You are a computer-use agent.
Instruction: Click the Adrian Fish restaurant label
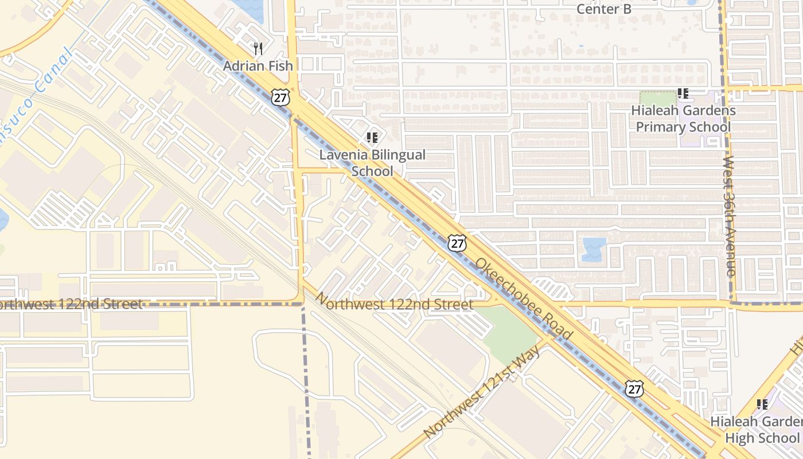[x=258, y=66]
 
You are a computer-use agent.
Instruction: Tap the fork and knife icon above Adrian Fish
[x=258, y=49]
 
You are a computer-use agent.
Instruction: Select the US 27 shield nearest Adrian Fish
[x=280, y=98]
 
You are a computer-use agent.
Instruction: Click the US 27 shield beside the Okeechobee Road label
[x=457, y=243]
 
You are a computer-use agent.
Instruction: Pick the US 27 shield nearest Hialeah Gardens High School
[x=634, y=388]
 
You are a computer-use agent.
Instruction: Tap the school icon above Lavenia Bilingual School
[x=372, y=138]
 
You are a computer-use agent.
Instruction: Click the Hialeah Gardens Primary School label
[x=683, y=119]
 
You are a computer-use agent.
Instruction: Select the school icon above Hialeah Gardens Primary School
[x=683, y=93]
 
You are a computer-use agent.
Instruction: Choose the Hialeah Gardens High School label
[x=756, y=430]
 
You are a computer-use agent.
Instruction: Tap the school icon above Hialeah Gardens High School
[x=762, y=404]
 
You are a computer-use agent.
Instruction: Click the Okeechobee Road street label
[x=523, y=299]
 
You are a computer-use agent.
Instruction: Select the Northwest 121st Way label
[x=482, y=392]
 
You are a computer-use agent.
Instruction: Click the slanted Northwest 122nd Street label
[x=395, y=302]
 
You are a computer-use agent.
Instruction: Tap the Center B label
[x=603, y=9]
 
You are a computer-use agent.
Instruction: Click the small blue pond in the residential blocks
[x=594, y=249]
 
